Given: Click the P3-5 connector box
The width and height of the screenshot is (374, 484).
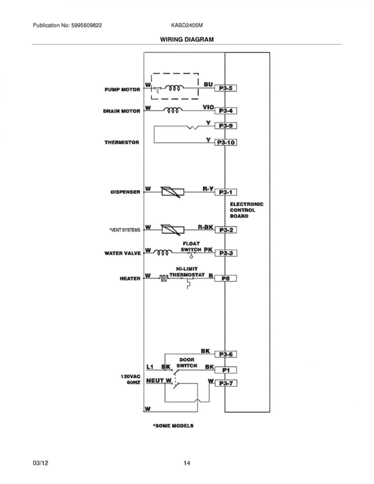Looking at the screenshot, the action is tap(226, 88).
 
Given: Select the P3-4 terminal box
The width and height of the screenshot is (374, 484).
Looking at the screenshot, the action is tap(226, 111).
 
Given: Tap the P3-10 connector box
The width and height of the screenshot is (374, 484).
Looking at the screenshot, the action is tap(226, 143).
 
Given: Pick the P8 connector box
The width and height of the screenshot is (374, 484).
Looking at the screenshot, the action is tap(226, 278).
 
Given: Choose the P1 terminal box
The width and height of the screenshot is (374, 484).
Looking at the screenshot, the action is tap(226, 370).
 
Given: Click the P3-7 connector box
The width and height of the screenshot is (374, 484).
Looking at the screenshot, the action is tap(226, 383).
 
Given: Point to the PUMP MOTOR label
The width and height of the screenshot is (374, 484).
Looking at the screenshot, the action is tap(122, 89).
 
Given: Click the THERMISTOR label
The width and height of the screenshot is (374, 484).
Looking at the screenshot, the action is tap(122, 143).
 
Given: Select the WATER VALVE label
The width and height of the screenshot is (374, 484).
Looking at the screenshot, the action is tap(123, 253).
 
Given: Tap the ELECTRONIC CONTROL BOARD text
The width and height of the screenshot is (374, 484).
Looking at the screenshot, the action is tap(246, 210).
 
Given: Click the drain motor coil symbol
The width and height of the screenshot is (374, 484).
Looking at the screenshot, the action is tap(173, 110).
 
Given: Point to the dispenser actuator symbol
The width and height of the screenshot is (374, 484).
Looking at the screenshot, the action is tap(173, 192).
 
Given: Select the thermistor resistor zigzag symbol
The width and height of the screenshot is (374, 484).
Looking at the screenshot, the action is tap(193, 128).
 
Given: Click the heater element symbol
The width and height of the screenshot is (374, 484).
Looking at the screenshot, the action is tap(164, 278).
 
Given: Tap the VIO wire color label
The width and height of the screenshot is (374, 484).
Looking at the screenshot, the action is tap(208, 107).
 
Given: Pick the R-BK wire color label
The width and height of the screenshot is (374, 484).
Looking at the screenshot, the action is tap(205, 227).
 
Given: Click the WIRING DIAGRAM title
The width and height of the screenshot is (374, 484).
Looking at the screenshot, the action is tap(187, 39).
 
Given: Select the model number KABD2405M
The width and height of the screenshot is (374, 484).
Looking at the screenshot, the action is tap(187, 25).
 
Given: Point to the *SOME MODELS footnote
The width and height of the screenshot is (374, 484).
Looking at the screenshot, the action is tap(173, 426).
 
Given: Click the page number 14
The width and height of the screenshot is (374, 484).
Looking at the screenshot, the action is tap(187, 463).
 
